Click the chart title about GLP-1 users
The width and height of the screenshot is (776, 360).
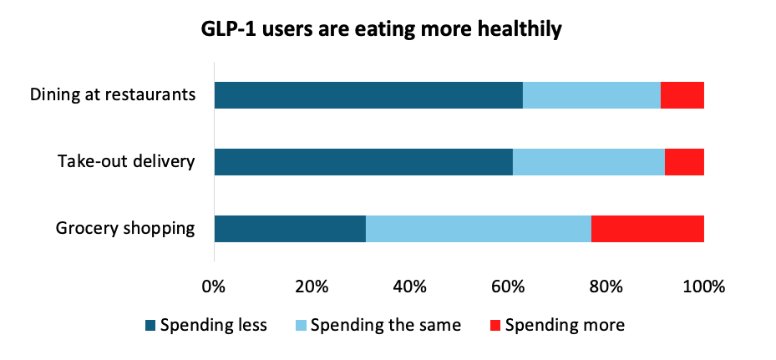point(381,30)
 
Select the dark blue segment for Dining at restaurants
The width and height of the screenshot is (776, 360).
point(368,95)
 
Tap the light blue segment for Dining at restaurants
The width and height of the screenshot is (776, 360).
point(591,95)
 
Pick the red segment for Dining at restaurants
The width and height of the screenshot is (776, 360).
point(682,95)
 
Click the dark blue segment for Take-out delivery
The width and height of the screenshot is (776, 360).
point(363,162)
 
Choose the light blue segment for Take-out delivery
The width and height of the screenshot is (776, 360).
point(589,162)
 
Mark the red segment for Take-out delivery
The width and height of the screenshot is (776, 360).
point(684,162)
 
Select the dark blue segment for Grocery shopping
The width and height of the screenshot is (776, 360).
point(290,229)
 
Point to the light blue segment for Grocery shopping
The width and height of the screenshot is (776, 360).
point(479,229)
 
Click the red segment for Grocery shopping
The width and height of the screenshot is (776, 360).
point(647,229)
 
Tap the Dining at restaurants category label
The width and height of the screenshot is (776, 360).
point(113,94)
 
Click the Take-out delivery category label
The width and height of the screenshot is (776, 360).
point(125,161)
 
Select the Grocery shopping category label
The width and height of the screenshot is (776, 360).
point(125,228)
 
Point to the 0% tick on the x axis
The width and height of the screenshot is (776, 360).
point(214,287)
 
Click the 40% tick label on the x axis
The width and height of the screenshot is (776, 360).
point(409,287)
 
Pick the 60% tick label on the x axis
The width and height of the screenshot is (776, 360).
point(508,287)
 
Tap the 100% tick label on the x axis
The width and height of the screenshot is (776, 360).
point(703,287)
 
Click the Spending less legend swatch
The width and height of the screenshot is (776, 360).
point(150,325)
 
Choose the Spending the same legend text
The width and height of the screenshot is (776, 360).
point(385,325)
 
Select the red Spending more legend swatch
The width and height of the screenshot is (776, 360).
point(495,325)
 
